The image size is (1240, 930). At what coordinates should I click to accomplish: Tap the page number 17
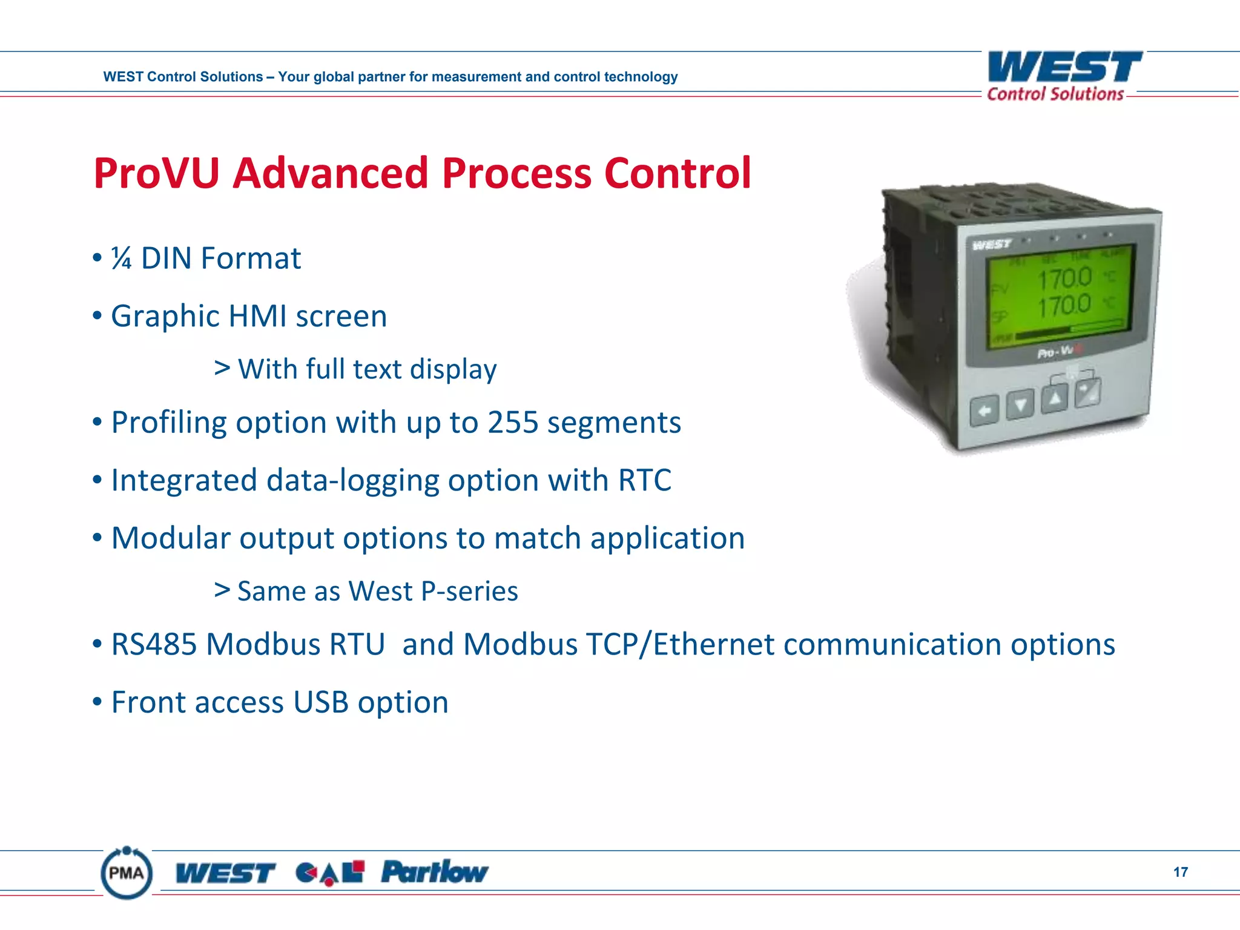pos(1180,872)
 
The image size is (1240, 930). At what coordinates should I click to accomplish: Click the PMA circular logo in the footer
pos(127,873)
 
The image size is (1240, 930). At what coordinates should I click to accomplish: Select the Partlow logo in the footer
pos(434,872)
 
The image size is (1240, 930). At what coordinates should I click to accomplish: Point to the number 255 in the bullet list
pos(512,423)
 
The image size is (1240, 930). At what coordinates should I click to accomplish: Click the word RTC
pos(644,480)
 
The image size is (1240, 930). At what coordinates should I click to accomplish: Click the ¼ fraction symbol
pos(121,259)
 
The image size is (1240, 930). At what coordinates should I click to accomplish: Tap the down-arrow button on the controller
pos(1020,404)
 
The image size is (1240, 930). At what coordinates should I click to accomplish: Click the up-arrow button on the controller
pos(1055,399)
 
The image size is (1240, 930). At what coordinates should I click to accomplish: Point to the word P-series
pos(469,592)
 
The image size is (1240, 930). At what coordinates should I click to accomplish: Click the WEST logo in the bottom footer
pos(225,873)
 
